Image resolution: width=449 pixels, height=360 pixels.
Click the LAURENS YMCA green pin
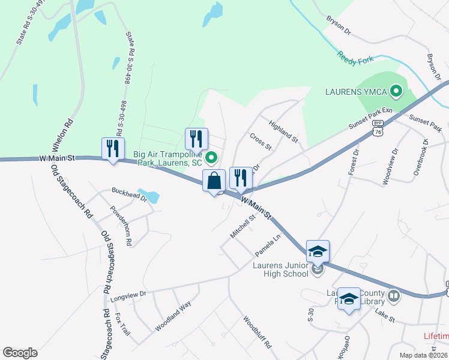pos(396,92)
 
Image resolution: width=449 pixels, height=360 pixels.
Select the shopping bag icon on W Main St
pos(214,180)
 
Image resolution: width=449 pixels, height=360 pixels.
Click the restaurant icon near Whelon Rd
pos(113,148)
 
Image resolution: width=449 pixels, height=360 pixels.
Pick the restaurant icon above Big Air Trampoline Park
pos(196,139)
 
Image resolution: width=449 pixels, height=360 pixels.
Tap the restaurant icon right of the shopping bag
pos(240,178)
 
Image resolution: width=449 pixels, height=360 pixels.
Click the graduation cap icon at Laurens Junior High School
pos(318,251)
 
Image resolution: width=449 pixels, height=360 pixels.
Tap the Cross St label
pos(261,142)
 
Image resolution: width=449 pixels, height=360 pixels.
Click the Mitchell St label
pos(244,226)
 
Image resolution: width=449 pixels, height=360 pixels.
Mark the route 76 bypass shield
pos(378,130)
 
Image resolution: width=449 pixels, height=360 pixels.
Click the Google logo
pos(20,353)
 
